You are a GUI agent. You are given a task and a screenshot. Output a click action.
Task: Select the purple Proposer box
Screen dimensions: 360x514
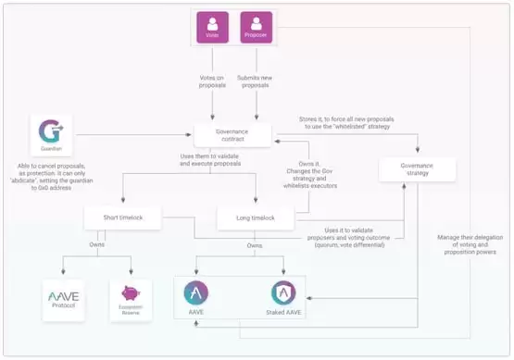click(x=257, y=29)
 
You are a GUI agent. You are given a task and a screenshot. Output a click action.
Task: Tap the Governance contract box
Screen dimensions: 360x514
click(x=232, y=134)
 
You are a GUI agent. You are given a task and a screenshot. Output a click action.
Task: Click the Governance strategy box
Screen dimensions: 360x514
click(x=416, y=168)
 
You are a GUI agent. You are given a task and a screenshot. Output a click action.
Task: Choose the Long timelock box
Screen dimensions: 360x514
click(x=254, y=217)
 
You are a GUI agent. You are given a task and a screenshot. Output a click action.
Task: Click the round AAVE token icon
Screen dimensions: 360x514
click(x=195, y=293)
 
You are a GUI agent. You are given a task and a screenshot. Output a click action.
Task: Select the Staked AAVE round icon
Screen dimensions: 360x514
click(x=283, y=293)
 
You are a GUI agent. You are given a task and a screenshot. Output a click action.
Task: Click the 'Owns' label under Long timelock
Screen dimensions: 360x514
click(x=254, y=245)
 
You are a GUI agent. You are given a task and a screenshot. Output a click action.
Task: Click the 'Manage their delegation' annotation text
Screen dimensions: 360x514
click(x=468, y=244)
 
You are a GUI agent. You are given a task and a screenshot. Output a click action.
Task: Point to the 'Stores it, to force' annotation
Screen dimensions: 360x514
click(x=357, y=121)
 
